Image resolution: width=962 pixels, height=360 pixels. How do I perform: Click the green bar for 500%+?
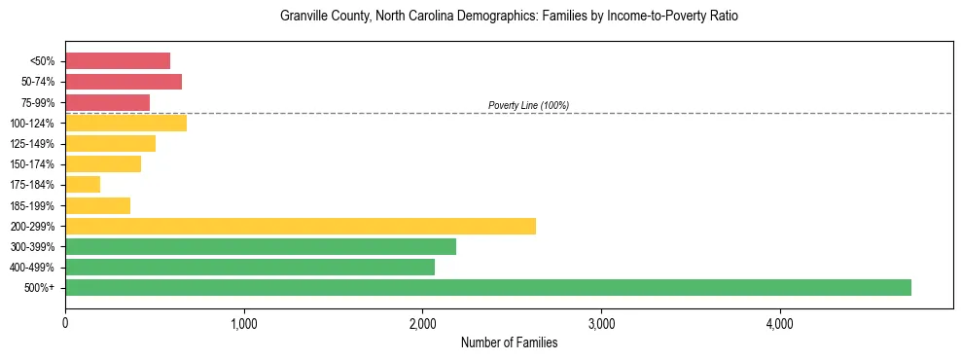point(487,287)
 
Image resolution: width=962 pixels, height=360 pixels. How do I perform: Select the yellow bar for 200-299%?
point(300,226)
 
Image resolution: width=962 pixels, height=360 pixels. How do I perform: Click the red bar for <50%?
point(117,61)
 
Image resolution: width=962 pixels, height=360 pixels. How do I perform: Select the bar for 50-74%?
point(123,82)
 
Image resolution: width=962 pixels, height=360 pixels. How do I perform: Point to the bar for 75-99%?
point(107,102)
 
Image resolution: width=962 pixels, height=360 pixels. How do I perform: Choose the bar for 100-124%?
point(125,123)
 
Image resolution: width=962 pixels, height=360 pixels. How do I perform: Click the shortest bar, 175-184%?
point(83,185)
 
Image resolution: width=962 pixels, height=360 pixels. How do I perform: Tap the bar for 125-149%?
point(110,144)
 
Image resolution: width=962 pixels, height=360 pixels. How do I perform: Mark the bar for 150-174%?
point(103,164)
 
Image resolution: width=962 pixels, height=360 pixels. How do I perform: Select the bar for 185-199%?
point(97,205)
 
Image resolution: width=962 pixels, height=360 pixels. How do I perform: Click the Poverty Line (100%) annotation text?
point(528,105)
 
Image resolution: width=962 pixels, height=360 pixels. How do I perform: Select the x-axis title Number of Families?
point(509,343)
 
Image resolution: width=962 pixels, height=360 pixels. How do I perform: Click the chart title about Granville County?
point(509,17)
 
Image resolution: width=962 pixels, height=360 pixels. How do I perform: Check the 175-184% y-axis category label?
point(38,185)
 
